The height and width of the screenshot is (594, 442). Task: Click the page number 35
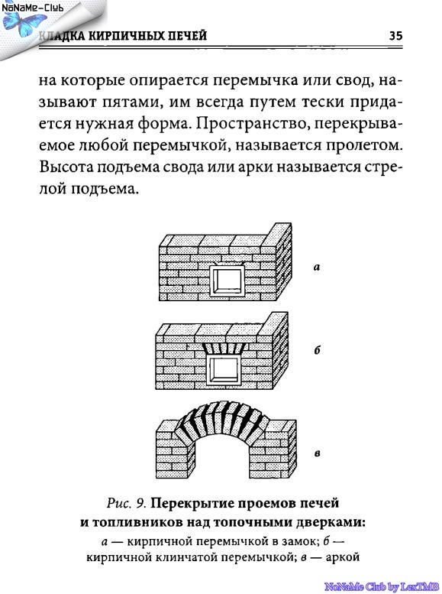click(x=396, y=36)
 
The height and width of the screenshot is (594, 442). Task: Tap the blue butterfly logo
click(x=24, y=24)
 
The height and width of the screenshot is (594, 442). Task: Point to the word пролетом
click(x=363, y=146)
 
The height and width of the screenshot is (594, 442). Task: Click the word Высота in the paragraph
click(x=66, y=167)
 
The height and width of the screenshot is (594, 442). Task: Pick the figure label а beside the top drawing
click(x=317, y=267)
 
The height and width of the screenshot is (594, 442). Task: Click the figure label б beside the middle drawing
click(x=317, y=349)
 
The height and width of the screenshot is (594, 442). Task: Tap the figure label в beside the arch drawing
click(x=318, y=453)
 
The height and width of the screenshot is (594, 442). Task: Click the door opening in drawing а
click(x=227, y=281)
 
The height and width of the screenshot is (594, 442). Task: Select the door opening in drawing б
click(x=224, y=369)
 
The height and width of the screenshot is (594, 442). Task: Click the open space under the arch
click(x=221, y=458)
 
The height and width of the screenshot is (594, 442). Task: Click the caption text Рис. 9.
click(x=127, y=504)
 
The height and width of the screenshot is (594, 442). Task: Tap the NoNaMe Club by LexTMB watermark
click(x=382, y=587)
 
